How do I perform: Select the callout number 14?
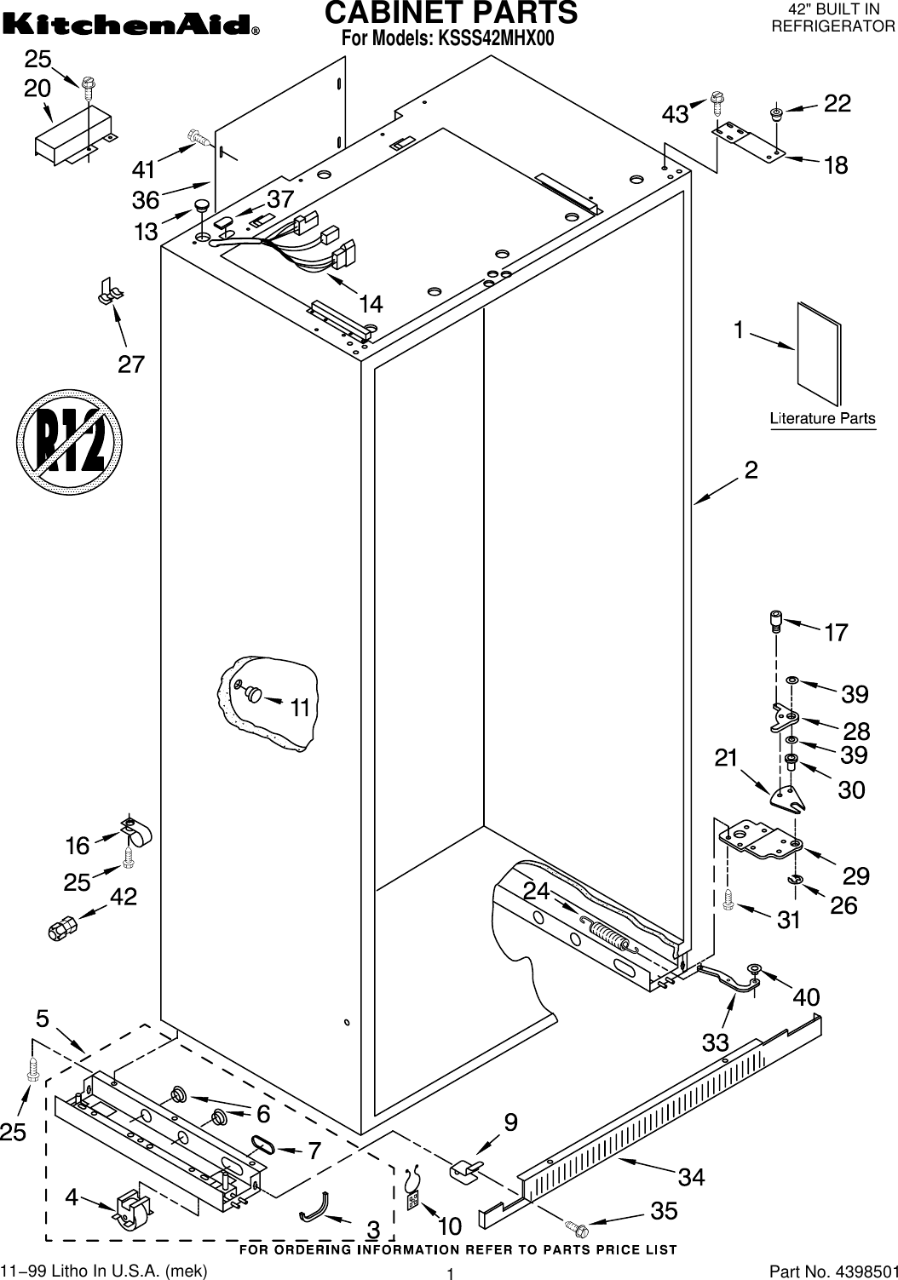click(x=370, y=303)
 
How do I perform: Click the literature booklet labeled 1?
click(x=819, y=353)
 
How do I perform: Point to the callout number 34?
click(x=692, y=1177)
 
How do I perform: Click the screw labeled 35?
click(x=577, y=1227)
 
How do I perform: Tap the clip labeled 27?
click(x=108, y=291)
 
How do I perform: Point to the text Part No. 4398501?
click(x=832, y=1271)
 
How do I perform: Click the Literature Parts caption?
click(x=822, y=418)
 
